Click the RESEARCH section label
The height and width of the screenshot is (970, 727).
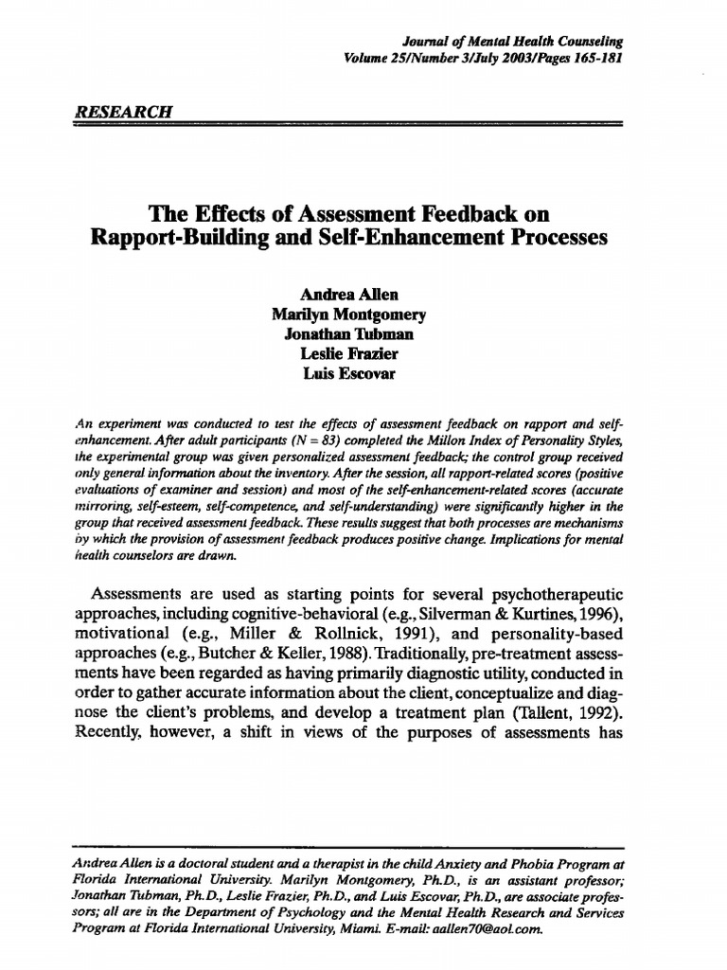tap(122, 109)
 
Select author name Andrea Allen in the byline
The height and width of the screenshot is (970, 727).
tap(348, 295)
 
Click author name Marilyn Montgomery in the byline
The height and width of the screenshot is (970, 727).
tap(348, 314)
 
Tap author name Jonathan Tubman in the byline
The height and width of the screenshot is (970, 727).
tap(348, 334)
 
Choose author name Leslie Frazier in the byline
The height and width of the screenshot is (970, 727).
tap(348, 354)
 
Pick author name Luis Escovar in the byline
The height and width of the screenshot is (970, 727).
tap(348, 374)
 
